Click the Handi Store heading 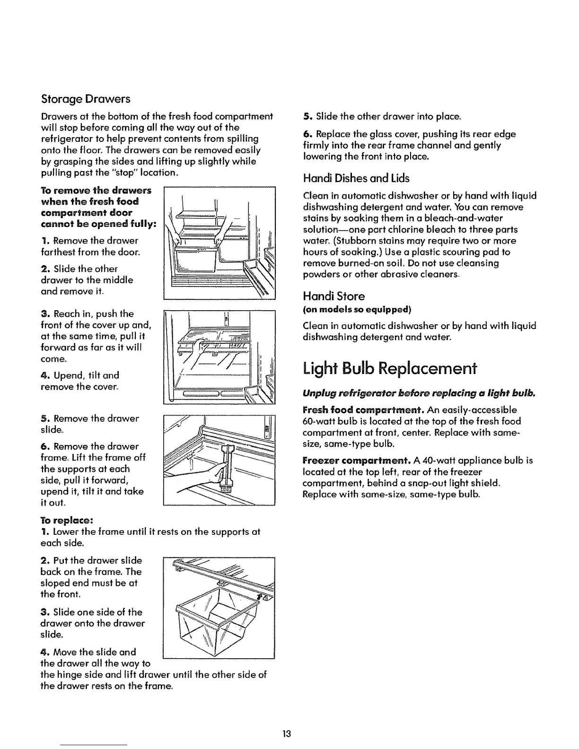point(333,296)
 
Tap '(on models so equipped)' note point(357,310)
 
